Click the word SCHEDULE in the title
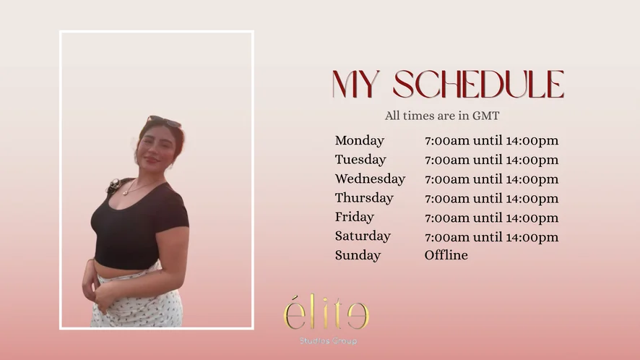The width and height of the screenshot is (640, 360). click(478, 84)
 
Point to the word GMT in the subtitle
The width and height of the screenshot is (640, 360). click(485, 116)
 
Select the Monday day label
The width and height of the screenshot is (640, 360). click(360, 140)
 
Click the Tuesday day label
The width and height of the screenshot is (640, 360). click(360, 160)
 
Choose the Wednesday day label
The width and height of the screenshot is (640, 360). click(371, 179)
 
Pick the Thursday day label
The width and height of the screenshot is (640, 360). click(364, 198)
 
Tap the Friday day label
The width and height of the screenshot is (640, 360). click(354, 217)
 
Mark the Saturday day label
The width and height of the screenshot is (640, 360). click(363, 236)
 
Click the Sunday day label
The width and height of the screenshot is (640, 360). click(358, 255)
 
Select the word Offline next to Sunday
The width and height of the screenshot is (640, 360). click(446, 255)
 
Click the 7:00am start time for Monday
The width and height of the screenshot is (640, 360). click(447, 141)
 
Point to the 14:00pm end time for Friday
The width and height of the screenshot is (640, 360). click(532, 218)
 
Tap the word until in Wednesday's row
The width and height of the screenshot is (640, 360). click(488, 179)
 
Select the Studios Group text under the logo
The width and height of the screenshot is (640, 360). click(328, 340)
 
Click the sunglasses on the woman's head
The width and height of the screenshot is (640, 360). click(164, 121)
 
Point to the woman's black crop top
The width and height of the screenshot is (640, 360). click(139, 225)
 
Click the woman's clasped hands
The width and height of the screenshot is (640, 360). click(99, 294)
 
